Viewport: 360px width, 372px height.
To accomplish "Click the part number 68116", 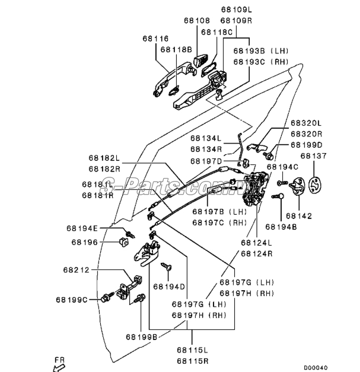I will [155, 39].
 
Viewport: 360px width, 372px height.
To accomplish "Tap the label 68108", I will [196, 21].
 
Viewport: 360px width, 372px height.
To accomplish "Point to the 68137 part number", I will [314, 157].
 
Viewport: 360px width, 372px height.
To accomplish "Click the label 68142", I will [297, 216].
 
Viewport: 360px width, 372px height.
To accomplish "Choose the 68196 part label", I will [84, 241].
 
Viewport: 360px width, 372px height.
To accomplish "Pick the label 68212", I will [75, 270].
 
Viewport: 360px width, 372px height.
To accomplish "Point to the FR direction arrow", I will [58, 366].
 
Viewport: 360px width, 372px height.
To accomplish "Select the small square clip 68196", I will [125, 241].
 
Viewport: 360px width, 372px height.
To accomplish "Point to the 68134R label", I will [206, 149].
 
